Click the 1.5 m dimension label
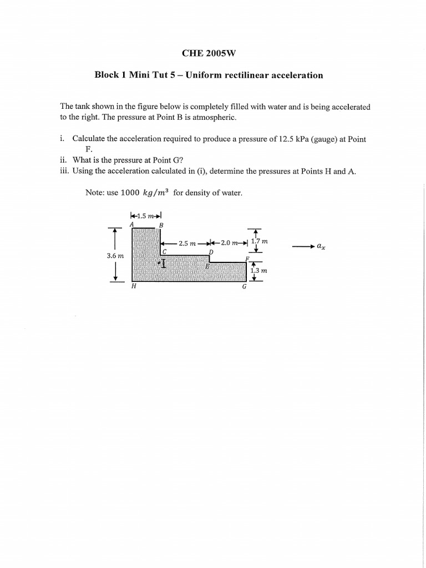pos(145,216)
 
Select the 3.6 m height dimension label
pos(115,256)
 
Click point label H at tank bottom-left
pos(133,287)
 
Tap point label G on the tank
pos(244,287)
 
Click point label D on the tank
pos(210,252)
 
